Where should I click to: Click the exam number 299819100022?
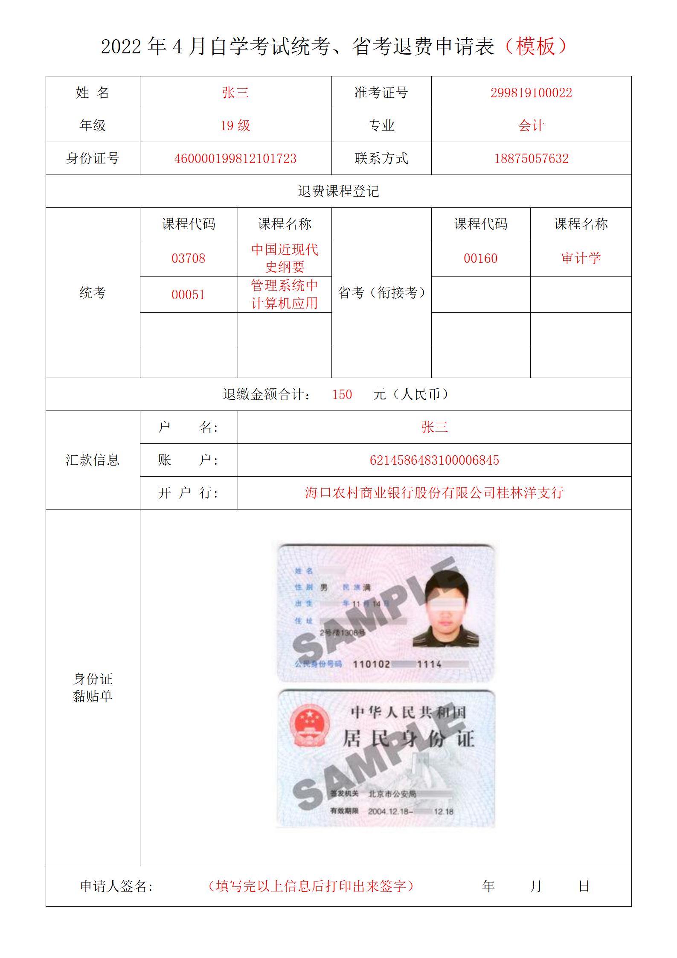531,93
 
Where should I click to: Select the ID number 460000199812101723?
235,159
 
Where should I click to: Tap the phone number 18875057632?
531,159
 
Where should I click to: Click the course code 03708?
188,259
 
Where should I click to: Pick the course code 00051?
188,295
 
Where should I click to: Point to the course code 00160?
480,259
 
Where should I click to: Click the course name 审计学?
581,258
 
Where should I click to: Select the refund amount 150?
342,395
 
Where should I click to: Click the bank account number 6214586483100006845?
434,460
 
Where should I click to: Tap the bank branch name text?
434,493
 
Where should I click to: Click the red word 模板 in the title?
536,47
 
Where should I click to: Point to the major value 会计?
531,126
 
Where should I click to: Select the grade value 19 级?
235,126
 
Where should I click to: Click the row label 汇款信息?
93,460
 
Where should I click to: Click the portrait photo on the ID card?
445,611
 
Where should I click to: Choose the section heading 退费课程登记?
338,192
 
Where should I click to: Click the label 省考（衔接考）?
381,293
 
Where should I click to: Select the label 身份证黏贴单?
93,687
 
